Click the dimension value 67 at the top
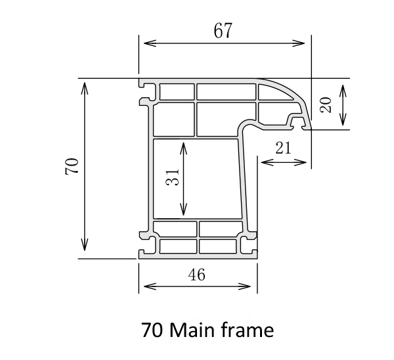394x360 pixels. tap(223, 31)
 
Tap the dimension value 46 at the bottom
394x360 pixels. tap(196, 275)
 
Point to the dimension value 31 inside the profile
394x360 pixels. tap(172, 177)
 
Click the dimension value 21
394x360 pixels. tap(283, 148)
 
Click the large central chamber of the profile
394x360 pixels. tap(197, 177)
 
